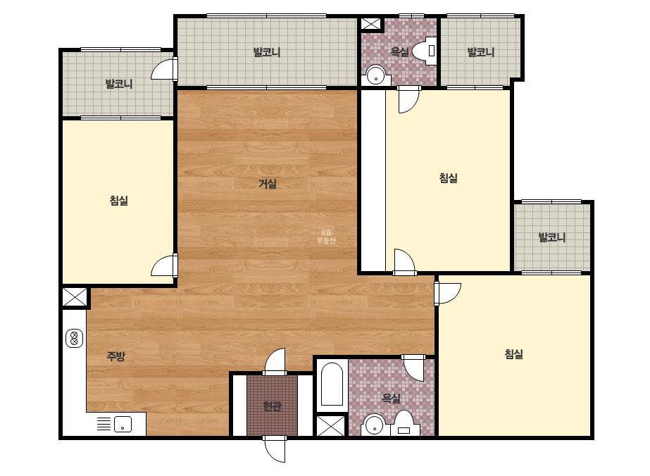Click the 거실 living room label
coord(268,184)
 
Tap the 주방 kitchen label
coord(116,356)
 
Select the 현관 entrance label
coord(273,406)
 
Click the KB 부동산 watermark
coord(326,237)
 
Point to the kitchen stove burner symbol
coord(74,339)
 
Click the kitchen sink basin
coord(123,424)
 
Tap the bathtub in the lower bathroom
coord(332,384)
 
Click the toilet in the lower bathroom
coord(404,423)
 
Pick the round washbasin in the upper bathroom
coord(376,75)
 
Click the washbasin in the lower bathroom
coord(375,425)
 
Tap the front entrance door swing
coord(275,449)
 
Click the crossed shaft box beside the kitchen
coord(75,297)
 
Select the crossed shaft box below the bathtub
coord(330,426)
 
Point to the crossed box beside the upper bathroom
coord(370,23)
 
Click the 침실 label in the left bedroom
coord(119,201)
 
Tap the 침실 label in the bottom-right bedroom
coord(514,353)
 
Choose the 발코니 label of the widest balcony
coord(267,52)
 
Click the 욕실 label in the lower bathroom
coord(392,399)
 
